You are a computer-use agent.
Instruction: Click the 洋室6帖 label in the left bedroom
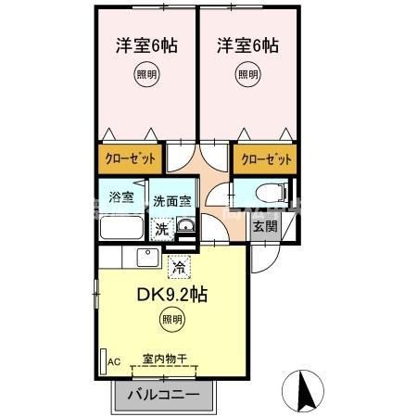pos(145,45)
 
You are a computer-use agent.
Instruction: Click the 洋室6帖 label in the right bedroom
pos(246,45)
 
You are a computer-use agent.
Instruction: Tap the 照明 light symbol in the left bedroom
pos(145,75)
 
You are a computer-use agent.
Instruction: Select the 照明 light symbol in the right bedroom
pos(246,75)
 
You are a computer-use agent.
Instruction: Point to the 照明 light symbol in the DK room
pos(172,321)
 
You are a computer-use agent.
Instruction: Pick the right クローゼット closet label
pos(266,159)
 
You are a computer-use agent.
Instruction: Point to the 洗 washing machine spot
pos(162,229)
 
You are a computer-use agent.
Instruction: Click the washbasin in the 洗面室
pos(185,229)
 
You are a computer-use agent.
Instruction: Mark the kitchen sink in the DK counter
pos(147,258)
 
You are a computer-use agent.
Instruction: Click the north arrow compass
pos(305,390)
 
